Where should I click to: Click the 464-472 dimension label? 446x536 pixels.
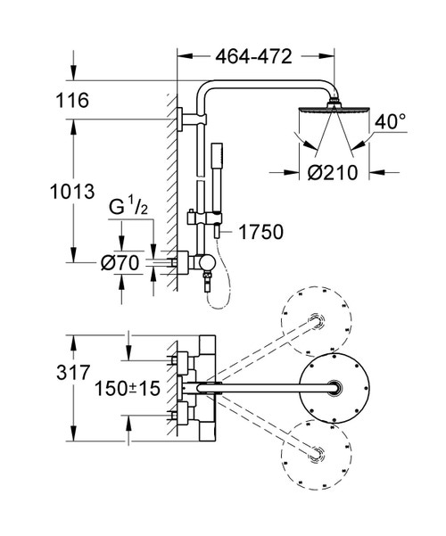(x=253, y=57)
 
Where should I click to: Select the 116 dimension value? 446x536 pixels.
(x=72, y=101)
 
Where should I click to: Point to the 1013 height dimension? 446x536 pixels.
(x=72, y=192)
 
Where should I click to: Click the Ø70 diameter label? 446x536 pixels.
(x=120, y=263)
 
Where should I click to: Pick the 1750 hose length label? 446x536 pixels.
(x=261, y=233)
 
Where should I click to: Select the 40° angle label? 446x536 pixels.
(x=390, y=121)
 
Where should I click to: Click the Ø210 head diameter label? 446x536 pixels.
(x=333, y=173)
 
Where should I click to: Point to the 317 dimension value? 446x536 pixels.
(x=73, y=373)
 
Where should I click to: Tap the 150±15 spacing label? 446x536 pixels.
(x=128, y=389)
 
